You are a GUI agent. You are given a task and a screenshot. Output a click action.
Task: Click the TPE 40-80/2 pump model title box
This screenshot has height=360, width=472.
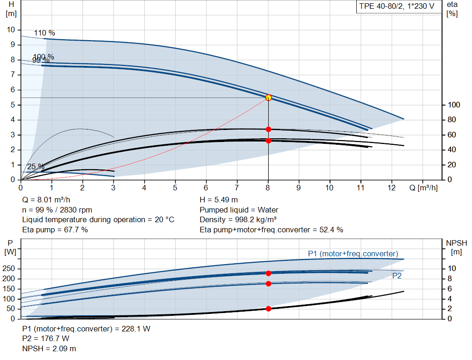[396, 7]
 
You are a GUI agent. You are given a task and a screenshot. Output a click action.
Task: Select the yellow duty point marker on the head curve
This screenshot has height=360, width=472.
[268, 97]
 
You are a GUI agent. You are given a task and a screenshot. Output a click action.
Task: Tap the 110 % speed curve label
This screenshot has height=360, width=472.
[45, 33]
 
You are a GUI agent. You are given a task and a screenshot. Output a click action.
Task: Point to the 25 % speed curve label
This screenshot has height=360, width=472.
[36, 167]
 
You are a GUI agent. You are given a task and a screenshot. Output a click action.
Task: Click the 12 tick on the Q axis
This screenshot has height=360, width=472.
[391, 188]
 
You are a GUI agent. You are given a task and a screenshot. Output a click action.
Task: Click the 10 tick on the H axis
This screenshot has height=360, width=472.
[12, 30]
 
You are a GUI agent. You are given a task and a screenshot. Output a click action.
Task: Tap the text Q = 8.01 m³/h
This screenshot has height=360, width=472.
[47, 200]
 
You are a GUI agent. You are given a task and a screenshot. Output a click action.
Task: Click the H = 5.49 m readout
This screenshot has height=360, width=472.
[219, 200]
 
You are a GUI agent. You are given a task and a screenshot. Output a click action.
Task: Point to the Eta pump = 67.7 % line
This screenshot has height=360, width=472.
[55, 230]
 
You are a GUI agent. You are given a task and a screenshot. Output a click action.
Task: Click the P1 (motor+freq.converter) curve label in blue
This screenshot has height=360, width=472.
[353, 254]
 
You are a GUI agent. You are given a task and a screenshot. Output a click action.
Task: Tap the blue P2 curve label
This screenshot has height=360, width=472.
[397, 276]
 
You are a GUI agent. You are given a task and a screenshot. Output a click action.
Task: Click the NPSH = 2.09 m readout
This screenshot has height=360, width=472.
[49, 348]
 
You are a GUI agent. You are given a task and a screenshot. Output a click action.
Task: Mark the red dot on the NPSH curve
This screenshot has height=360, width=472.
[268, 308]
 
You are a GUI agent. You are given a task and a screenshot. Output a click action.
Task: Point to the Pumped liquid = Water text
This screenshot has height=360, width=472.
[239, 210]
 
